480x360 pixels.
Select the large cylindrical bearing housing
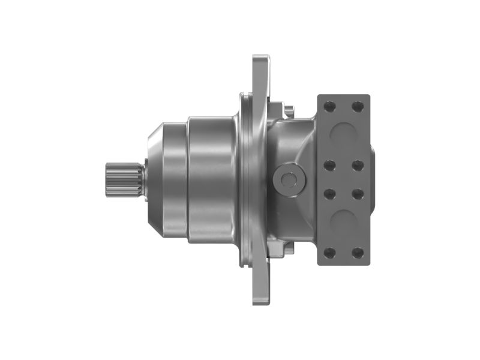click(x=210, y=179)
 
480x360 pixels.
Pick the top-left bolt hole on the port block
click(x=329, y=107)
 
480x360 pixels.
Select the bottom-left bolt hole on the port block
click(x=329, y=252)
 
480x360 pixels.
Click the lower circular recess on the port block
click(x=343, y=223)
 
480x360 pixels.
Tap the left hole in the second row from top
click(x=329, y=164)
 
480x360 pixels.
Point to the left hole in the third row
click(x=329, y=194)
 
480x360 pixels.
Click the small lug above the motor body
click(x=289, y=111)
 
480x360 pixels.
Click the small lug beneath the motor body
click(x=289, y=247)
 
